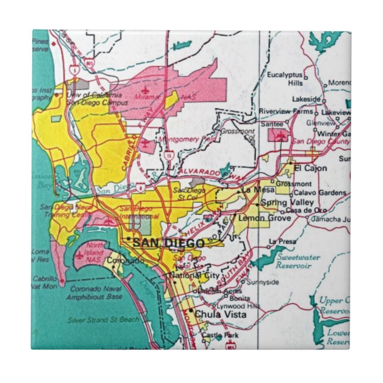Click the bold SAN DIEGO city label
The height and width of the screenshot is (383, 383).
point(168,243)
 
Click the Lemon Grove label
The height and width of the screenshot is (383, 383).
point(265,218)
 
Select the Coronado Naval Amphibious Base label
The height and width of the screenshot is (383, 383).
point(95,293)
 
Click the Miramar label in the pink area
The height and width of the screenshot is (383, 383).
point(145,96)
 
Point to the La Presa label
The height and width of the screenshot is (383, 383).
point(282,241)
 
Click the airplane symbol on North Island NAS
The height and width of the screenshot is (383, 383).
point(80,255)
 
